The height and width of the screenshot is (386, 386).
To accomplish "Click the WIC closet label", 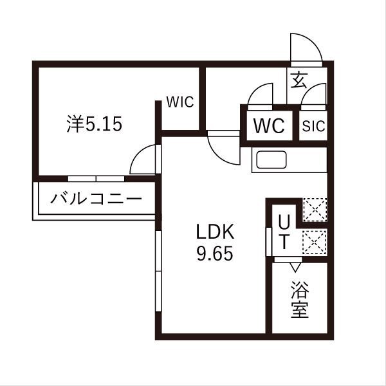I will [179, 102].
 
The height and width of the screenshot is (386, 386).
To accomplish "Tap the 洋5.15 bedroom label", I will [94, 123].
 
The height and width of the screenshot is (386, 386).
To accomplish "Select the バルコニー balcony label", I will [96, 198].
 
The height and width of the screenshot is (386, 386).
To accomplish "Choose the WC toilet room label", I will [269, 125].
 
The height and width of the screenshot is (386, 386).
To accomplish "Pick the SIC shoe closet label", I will [314, 126].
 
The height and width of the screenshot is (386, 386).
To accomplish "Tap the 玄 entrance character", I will [299, 80].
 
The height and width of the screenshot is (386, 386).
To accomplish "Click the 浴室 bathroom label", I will [299, 300].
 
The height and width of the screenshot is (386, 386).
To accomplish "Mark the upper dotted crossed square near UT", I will [315, 210].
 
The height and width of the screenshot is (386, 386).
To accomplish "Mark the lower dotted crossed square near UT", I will [315, 243].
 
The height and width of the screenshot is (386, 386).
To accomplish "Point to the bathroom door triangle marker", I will [295, 265].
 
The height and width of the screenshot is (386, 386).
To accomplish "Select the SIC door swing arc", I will [313, 95].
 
